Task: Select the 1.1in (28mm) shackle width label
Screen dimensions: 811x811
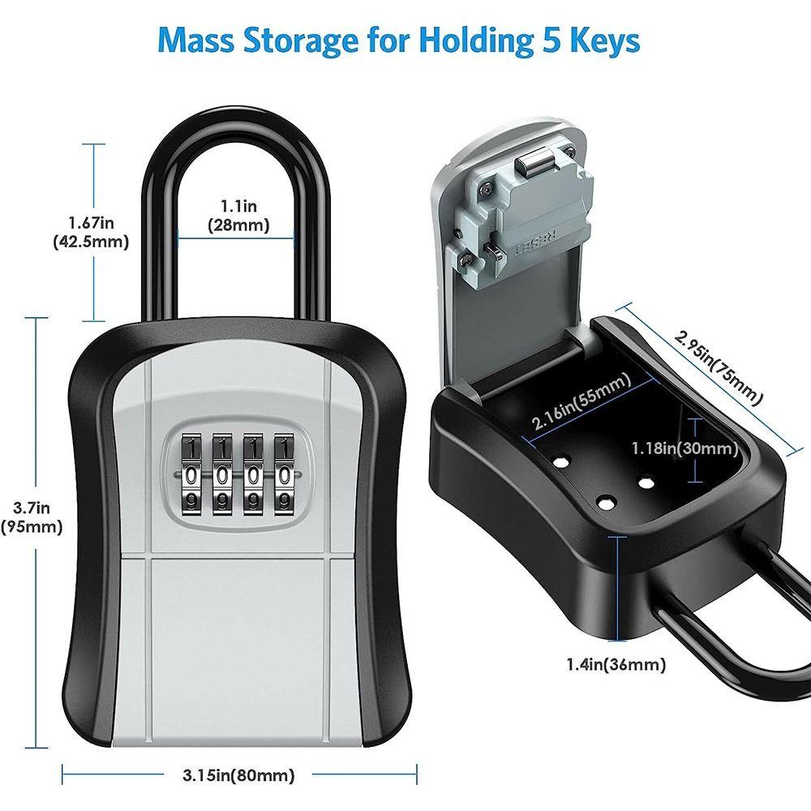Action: tap(238, 217)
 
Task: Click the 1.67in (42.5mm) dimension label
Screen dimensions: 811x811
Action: tap(90, 232)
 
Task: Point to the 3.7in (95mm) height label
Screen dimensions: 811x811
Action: tap(33, 517)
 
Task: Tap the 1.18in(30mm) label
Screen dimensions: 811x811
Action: tap(684, 448)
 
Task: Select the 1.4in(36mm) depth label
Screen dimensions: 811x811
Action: tap(616, 665)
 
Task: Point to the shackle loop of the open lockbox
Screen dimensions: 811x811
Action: tap(730, 649)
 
